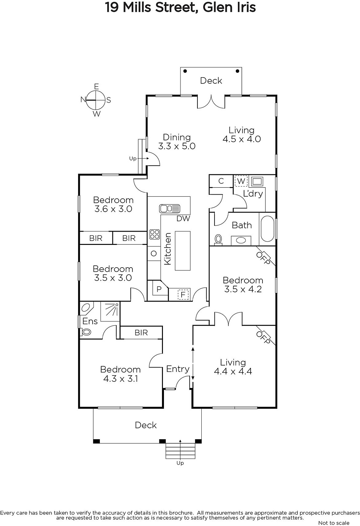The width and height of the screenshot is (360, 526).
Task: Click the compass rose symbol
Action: [96, 100]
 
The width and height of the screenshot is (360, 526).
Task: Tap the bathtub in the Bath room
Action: [267, 228]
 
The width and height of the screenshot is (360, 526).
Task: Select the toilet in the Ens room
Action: [86, 332]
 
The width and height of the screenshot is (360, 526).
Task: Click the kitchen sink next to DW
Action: [169, 208]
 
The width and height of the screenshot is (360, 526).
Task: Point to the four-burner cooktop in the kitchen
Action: [154, 234]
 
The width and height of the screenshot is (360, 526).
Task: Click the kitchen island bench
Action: [183, 251]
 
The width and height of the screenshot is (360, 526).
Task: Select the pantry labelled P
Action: [159, 289]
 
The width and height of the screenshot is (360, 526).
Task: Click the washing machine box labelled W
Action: [241, 181]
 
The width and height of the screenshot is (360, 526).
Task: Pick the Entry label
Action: [178, 369]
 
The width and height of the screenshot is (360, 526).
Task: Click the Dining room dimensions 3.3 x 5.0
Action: [177, 146]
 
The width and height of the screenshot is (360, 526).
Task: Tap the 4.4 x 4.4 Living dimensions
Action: [233, 371]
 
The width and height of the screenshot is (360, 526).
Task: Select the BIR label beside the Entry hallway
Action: [141, 333]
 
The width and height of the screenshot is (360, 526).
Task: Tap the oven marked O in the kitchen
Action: [153, 253]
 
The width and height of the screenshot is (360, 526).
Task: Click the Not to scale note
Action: [334, 523]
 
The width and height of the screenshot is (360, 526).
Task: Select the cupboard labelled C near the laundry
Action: [221, 181]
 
